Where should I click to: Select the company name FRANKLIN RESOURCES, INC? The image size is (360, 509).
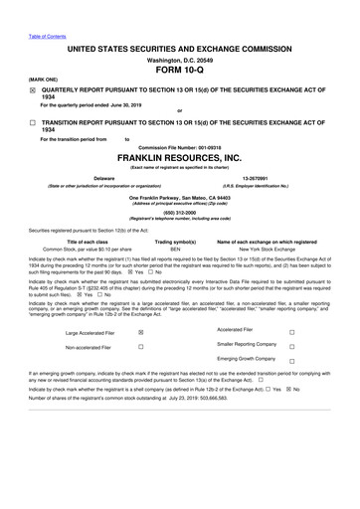pyautogui.click(x=180, y=157)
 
